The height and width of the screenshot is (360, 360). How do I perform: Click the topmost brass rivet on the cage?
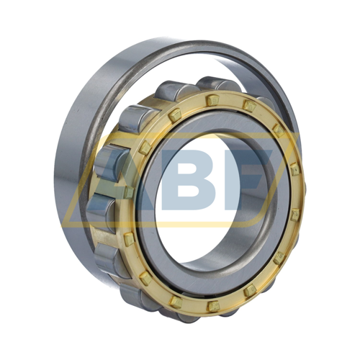(x=212, y=100)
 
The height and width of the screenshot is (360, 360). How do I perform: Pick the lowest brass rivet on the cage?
(x=213, y=306)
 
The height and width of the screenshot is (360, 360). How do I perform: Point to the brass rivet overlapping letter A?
(x=129, y=192)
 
